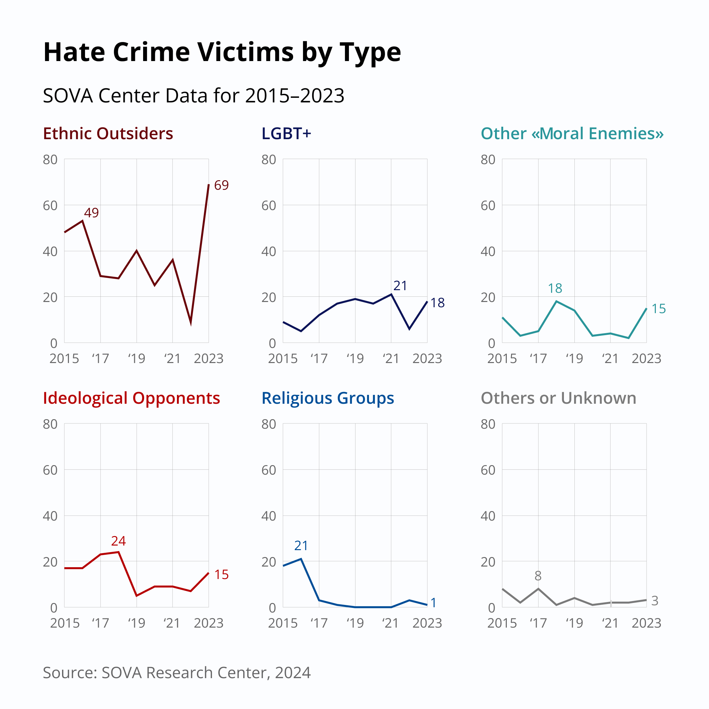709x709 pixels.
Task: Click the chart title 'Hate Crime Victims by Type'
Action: point(222,52)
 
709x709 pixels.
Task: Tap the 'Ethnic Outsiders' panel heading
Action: point(108,134)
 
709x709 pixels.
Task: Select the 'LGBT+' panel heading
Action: point(286,134)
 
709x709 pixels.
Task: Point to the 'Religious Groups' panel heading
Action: point(328,398)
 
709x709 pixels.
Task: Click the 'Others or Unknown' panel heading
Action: point(558,398)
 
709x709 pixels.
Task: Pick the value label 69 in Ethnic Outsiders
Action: point(221,185)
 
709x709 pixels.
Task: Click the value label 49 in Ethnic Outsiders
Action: point(91,213)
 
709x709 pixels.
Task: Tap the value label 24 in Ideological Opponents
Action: point(118,541)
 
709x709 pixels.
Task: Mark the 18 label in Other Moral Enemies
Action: point(555,289)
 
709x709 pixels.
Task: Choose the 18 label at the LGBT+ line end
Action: point(438,303)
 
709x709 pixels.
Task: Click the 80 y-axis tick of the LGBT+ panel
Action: point(269,160)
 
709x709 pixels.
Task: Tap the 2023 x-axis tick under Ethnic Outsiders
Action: point(208,358)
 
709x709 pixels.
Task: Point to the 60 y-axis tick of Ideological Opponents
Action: point(50,470)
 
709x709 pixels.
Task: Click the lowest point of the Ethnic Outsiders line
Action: point(191,324)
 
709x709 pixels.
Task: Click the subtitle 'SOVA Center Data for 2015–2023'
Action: point(193,96)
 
